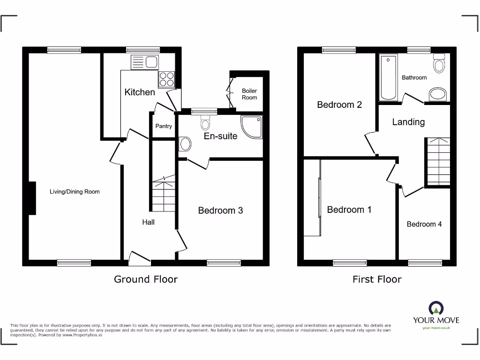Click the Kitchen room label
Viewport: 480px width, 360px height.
[x=140, y=92]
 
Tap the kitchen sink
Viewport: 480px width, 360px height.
[x=146, y=62]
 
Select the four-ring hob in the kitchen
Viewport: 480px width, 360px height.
[x=166, y=79]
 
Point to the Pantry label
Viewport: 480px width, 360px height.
[x=164, y=126]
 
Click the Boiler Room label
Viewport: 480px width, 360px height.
[x=249, y=94]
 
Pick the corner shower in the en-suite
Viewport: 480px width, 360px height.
[x=252, y=127]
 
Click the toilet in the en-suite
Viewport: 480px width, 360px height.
[x=205, y=124]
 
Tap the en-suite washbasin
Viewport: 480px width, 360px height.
[x=185, y=144]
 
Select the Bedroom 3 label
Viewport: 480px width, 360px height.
[x=220, y=210]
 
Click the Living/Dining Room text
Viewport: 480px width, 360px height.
[x=75, y=192]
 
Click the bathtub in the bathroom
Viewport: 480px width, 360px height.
[x=389, y=77]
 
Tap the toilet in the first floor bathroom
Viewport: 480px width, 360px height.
[x=439, y=63]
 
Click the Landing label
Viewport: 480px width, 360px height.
[x=408, y=122]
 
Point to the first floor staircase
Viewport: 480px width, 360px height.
[x=438, y=161]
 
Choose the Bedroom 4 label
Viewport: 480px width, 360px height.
[x=424, y=224]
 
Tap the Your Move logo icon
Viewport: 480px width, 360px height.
[x=436, y=308]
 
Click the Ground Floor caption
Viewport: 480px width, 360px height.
[x=146, y=279]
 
